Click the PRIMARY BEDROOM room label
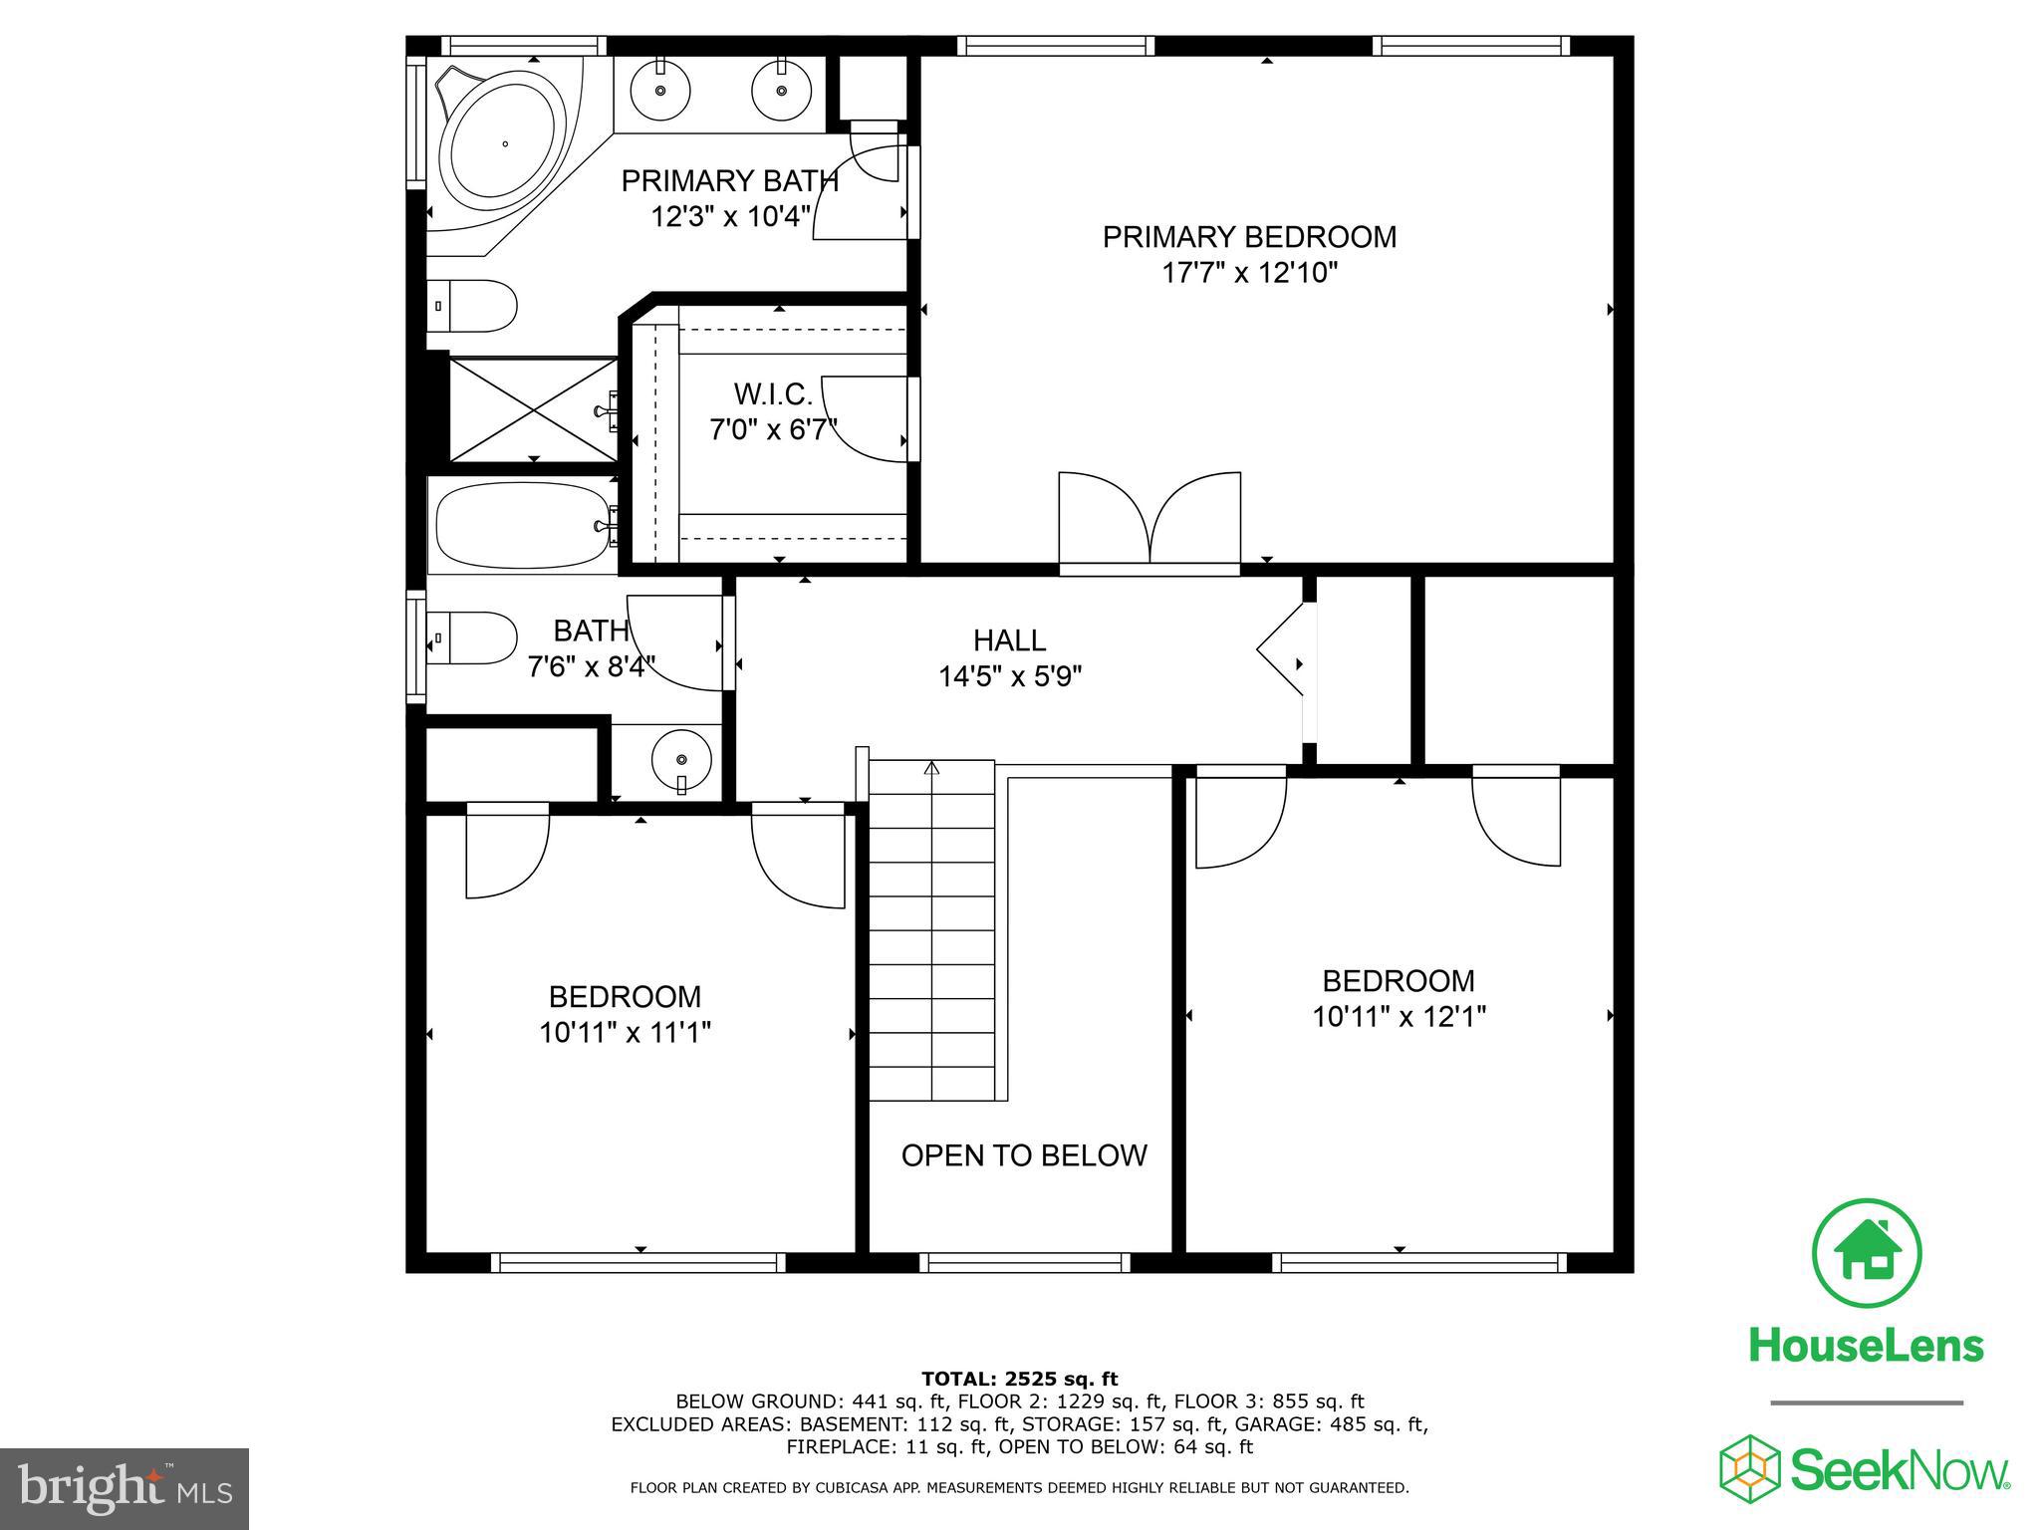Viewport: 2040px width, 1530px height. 1249,237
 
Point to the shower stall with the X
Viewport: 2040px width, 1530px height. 533,410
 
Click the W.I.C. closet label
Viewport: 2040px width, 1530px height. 773,394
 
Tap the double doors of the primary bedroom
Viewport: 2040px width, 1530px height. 1149,523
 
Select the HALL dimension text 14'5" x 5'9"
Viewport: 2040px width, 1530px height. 1010,677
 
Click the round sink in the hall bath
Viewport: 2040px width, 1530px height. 681,760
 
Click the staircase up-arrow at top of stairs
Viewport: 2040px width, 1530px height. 931,768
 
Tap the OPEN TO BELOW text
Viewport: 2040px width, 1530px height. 1024,1155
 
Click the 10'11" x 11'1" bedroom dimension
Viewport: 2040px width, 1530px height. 625,1033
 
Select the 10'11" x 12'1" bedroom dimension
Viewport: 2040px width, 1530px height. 1399,1017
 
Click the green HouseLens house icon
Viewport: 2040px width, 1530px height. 1866,1253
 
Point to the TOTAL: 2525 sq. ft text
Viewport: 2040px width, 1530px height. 1019,1379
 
